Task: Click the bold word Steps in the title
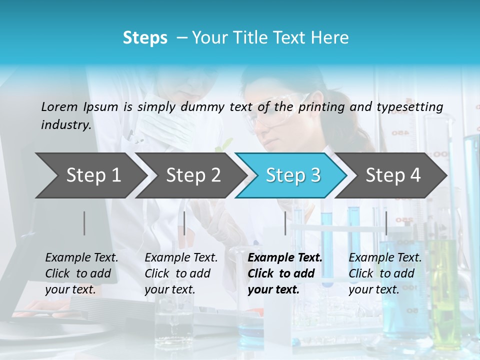point(145,38)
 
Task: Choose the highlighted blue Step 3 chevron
point(293,175)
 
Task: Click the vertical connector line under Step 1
point(84,223)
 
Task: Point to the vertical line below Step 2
point(184,223)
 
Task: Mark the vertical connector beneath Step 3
point(285,223)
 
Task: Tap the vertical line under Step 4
point(386,223)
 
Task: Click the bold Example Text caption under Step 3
point(285,273)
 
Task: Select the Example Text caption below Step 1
point(81,273)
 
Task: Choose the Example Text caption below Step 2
point(181,273)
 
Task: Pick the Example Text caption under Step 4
point(385,273)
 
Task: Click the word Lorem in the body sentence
point(59,106)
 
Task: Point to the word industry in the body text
point(65,125)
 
